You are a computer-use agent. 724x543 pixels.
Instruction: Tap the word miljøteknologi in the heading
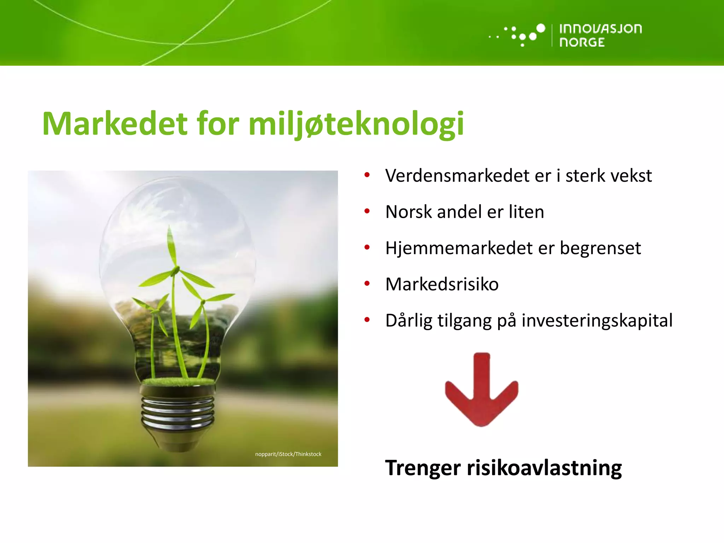click(x=356, y=124)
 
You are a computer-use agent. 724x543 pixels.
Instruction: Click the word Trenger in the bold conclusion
click(x=423, y=468)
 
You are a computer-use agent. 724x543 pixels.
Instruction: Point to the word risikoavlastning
click(x=544, y=468)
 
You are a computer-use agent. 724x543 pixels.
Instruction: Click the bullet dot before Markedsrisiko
click(x=367, y=284)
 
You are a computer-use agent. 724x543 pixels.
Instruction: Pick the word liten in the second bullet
click(x=526, y=212)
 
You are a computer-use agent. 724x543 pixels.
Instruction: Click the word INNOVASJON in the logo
click(x=600, y=29)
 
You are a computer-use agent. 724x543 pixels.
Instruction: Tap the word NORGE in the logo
click(x=582, y=42)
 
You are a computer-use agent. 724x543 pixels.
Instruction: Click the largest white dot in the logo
click(x=541, y=28)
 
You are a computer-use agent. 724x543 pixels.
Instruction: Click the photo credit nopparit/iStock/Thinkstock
click(x=288, y=454)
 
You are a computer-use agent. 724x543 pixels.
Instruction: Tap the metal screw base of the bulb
click(x=178, y=412)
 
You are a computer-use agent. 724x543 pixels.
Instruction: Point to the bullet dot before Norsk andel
click(x=367, y=211)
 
